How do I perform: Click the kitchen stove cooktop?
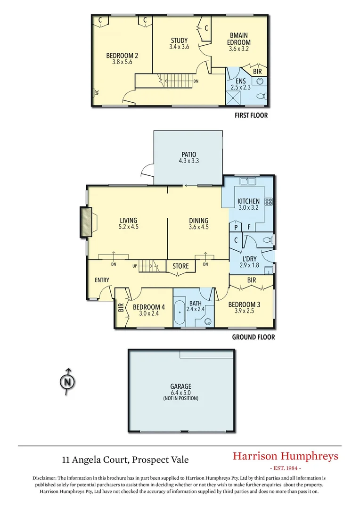pyautogui.click(x=269, y=202)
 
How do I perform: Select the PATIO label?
pyautogui.click(x=188, y=155)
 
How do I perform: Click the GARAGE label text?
pyautogui.click(x=181, y=386)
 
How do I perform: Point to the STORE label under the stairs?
pyautogui.click(x=180, y=266)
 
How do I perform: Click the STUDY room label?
pyautogui.click(x=179, y=41)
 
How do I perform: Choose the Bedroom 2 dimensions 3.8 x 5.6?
pyautogui.click(x=122, y=62)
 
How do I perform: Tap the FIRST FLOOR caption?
pyautogui.click(x=251, y=115)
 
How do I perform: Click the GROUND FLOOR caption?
pyautogui.click(x=253, y=337)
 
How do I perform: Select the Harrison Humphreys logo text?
pyautogui.click(x=286, y=456)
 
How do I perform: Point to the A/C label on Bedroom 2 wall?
pyautogui.click(x=96, y=93)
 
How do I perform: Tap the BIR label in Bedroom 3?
pyautogui.click(x=251, y=280)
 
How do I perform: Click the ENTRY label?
pyautogui.click(x=102, y=280)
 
